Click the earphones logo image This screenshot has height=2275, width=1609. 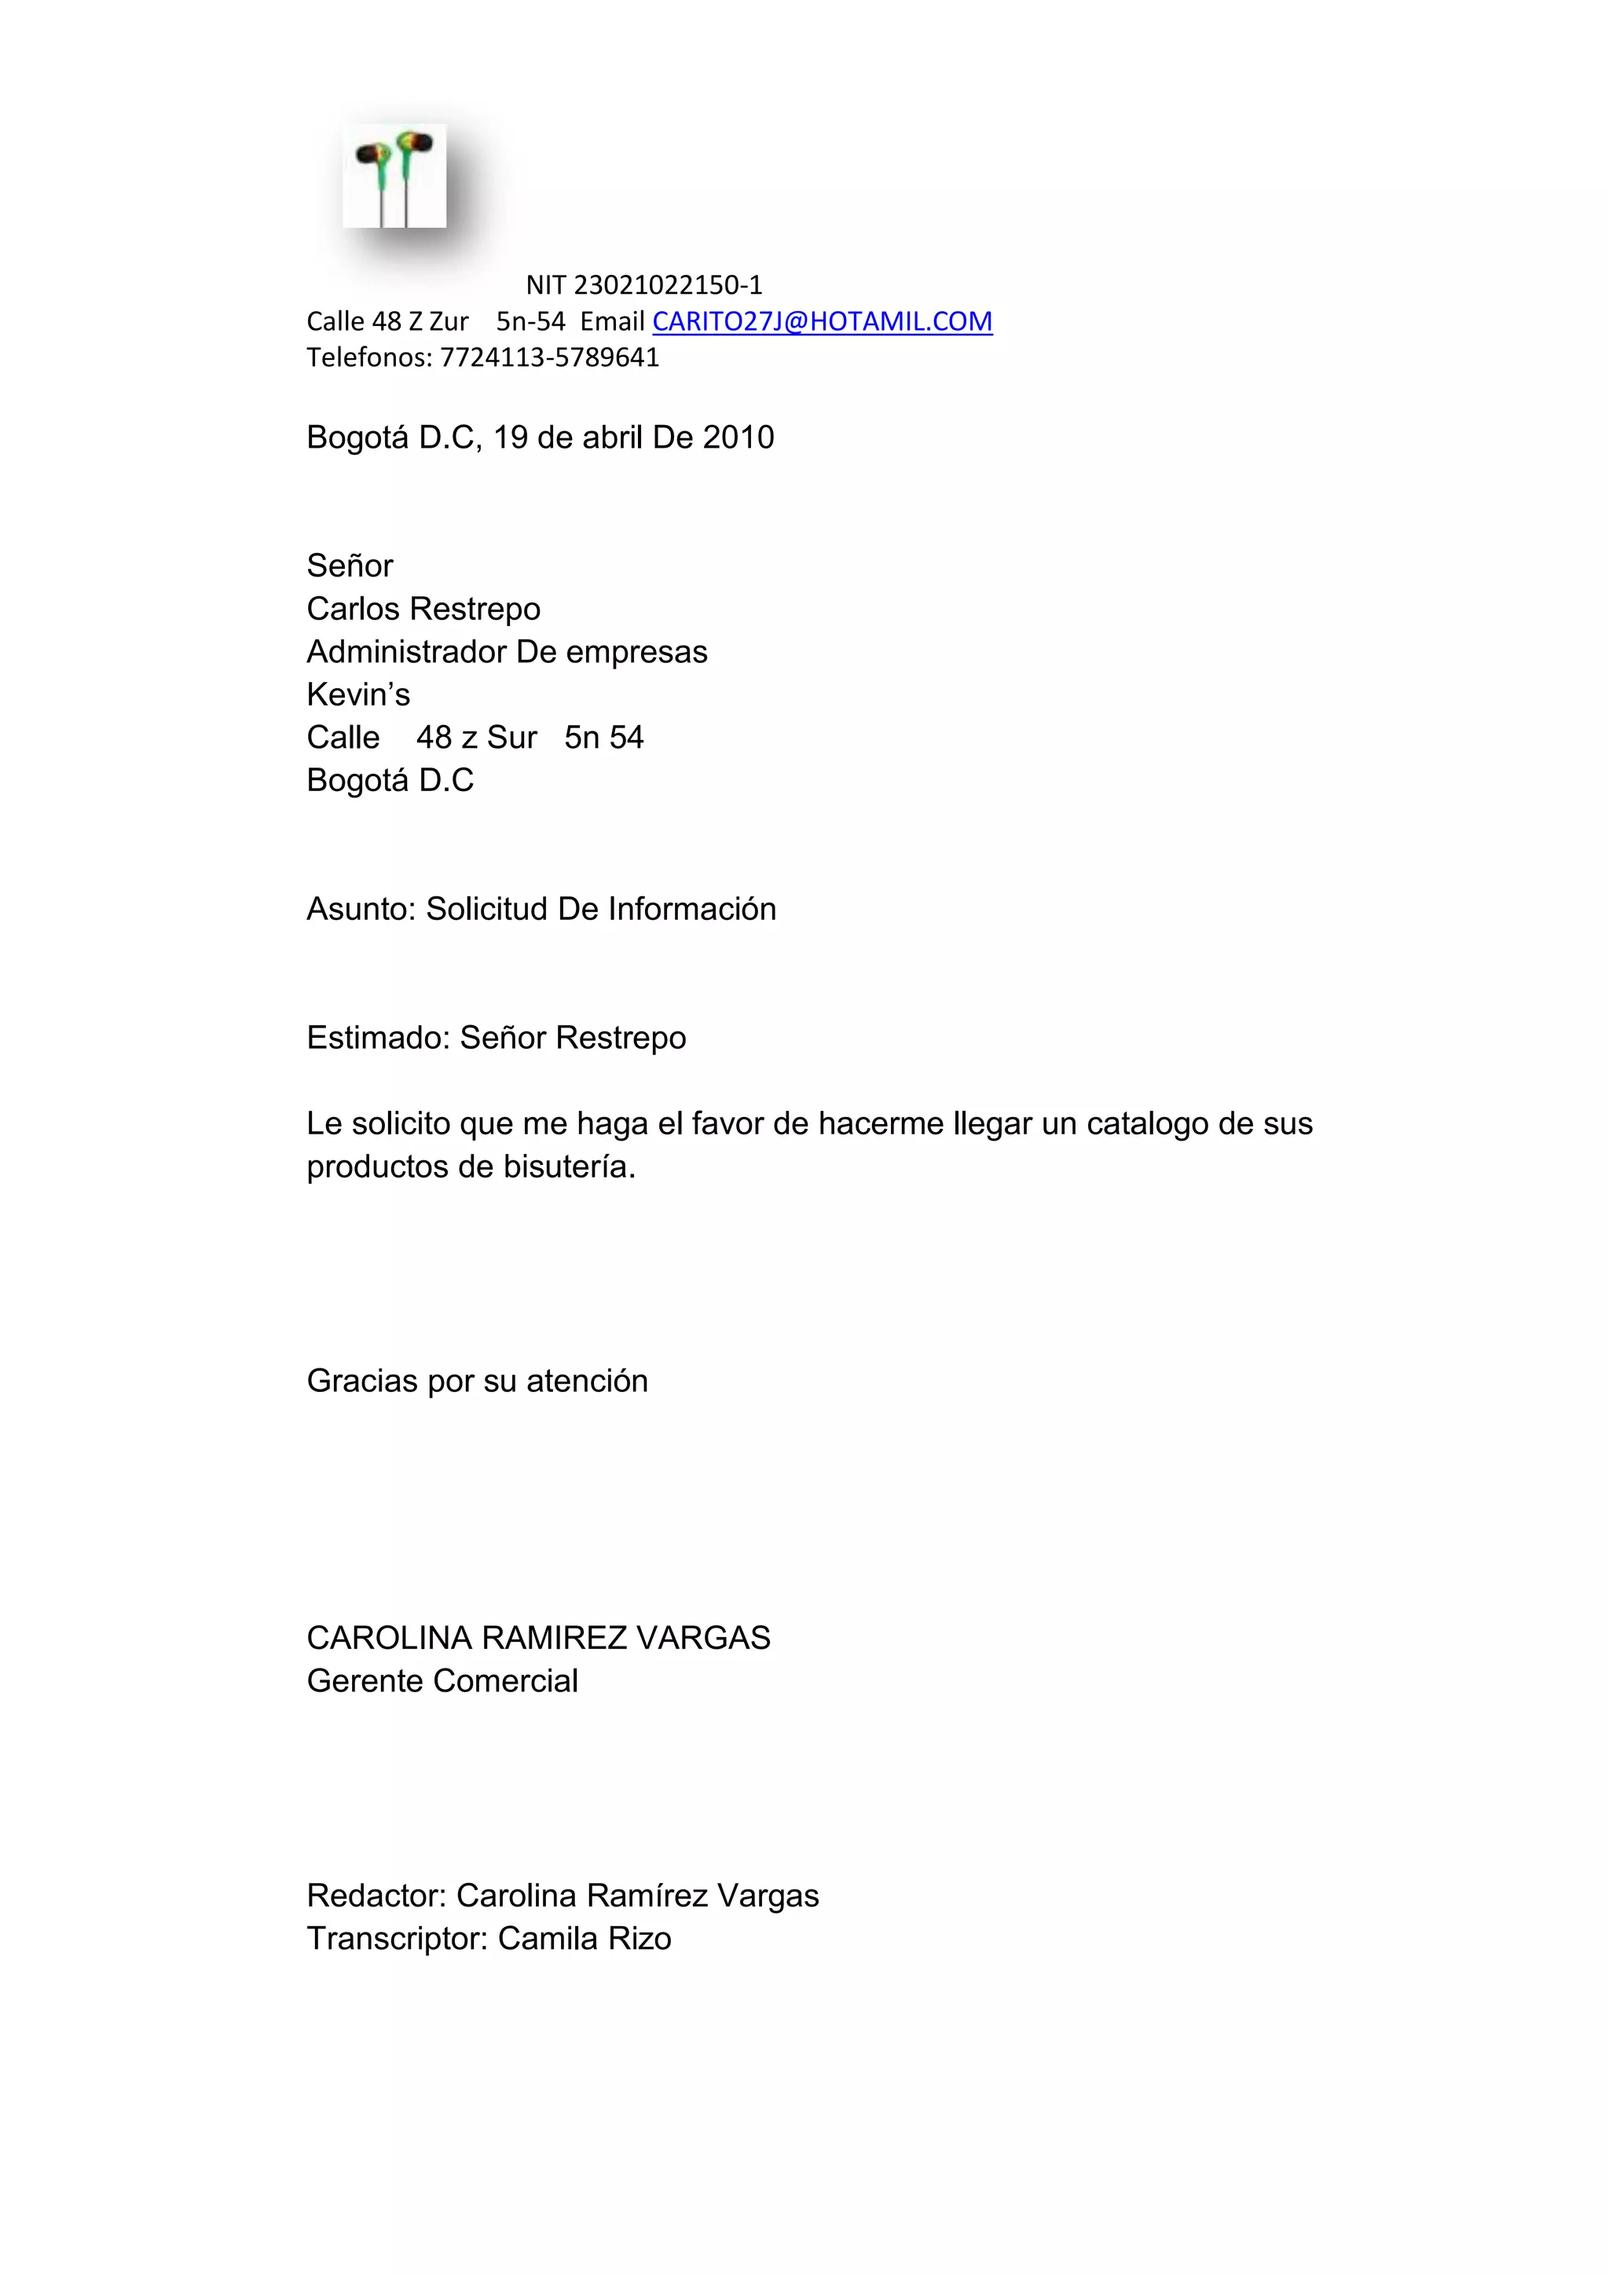pos(394,177)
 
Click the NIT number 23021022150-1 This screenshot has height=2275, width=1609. pos(668,285)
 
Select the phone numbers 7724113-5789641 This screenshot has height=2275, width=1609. pos(550,357)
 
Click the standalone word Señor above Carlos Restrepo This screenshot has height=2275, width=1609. pos(350,566)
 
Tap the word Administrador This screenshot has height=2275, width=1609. pos(406,652)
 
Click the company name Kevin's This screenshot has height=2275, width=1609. pos(357,694)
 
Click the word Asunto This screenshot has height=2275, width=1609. pos(361,909)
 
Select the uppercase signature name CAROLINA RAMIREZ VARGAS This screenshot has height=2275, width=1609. pos(538,1638)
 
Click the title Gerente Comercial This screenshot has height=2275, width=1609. pos(442,1680)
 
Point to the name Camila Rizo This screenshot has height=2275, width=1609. pos(584,1938)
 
